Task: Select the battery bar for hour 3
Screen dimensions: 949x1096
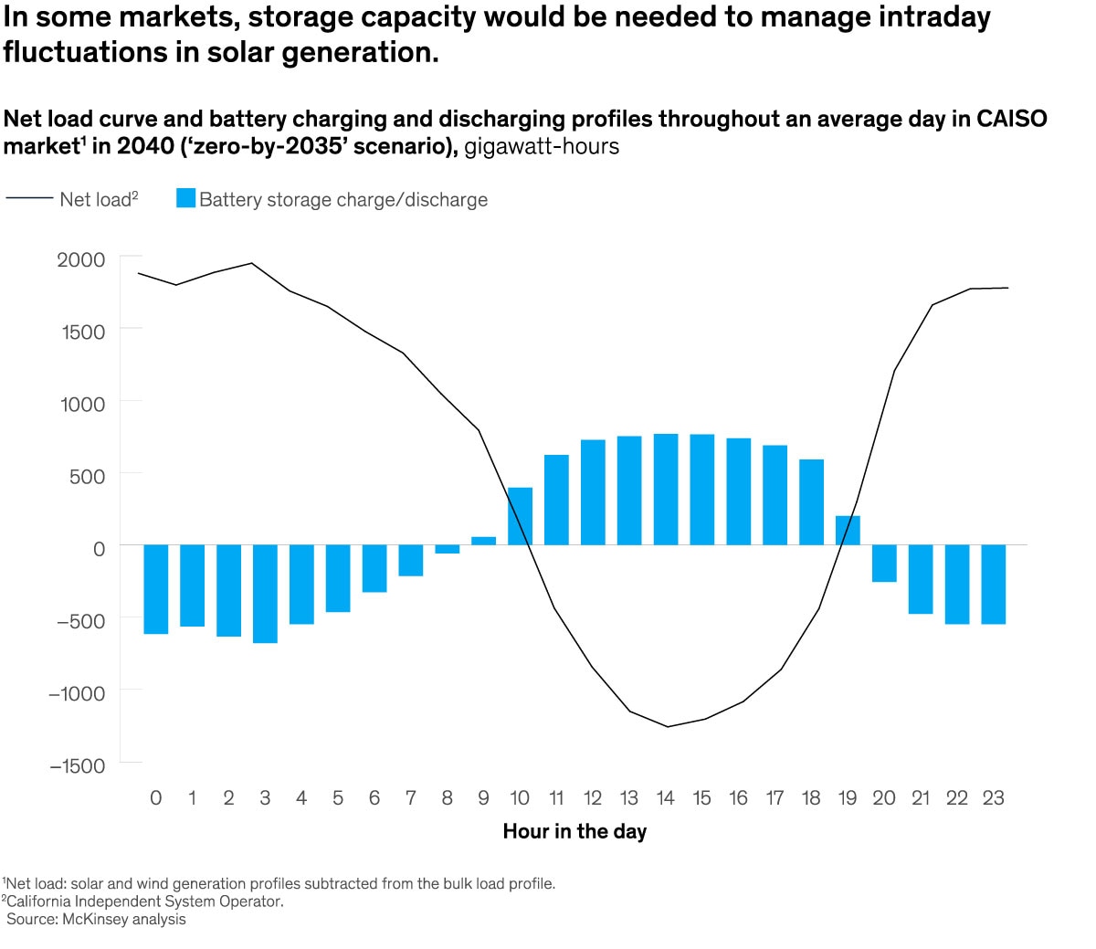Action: (265, 594)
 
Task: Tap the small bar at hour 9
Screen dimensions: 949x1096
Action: (483, 541)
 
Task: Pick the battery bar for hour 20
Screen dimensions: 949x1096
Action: (884, 564)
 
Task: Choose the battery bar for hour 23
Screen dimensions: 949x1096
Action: (993, 585)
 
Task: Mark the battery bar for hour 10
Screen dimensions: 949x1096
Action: (520, 516)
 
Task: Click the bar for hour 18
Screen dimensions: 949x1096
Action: (811, 501)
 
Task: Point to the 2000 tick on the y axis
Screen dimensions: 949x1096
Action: (81, 259)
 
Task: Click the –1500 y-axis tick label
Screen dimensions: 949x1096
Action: (77, 765)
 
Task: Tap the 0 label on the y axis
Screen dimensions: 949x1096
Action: (100, 548)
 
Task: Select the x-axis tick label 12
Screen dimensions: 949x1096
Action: (593, 798)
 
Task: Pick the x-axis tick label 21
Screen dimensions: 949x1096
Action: (921, 798)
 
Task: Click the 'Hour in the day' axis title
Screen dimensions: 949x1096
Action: (574, 831)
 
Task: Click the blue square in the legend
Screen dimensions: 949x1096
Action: (185, 198)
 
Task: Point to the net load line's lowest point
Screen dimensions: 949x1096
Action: (669, 727)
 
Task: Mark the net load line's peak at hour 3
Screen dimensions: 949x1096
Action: (252, 263)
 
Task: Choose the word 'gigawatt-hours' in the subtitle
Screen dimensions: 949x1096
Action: (542, 146)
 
